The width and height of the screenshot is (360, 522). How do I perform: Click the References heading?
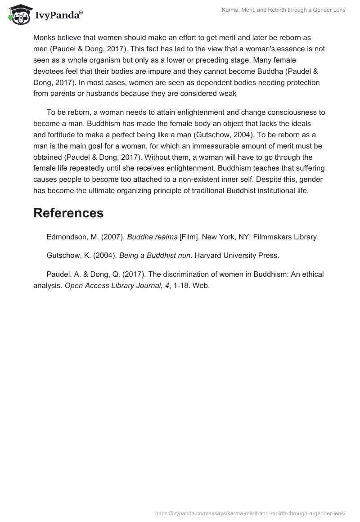[x=68, y=213]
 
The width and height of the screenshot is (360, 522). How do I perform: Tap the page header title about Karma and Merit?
[x=283, y=10]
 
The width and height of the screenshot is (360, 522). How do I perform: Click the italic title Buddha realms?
[x=148, y=237]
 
